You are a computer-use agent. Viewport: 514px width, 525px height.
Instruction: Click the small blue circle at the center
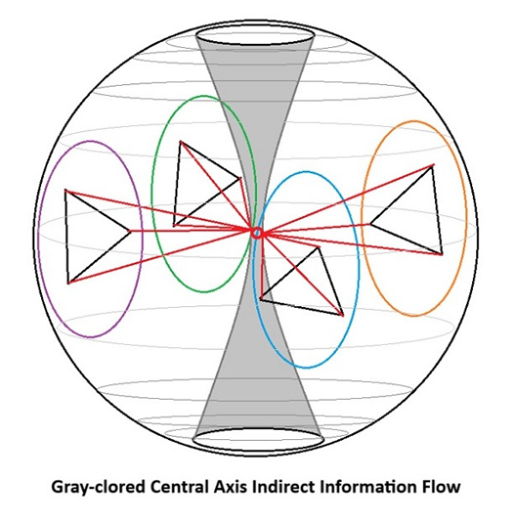pos(257,232)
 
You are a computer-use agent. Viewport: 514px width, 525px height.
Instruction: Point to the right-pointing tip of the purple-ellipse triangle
pos(131,231)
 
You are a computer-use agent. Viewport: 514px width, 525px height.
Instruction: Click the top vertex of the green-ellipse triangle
pos(181,142)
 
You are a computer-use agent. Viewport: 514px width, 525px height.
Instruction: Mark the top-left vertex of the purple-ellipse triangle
pos(66,190)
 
